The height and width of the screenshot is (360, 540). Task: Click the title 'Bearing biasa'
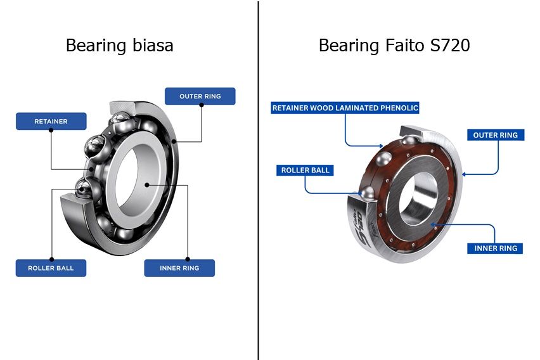coord(119,46)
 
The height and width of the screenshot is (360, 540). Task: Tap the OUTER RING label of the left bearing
coord(200,96)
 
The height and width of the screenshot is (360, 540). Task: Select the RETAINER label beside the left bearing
coord(51,121)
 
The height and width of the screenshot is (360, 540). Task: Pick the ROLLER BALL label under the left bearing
coord(51,268)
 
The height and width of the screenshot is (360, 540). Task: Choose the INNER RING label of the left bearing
coord(179,268)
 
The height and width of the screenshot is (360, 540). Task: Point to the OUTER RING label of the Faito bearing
coord(495,135)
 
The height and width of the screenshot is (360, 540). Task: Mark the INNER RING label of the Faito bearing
coord(496,248)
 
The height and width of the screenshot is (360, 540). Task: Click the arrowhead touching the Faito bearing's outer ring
coord(464,173)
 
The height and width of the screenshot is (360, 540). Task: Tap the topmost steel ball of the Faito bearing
coord(409,140)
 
